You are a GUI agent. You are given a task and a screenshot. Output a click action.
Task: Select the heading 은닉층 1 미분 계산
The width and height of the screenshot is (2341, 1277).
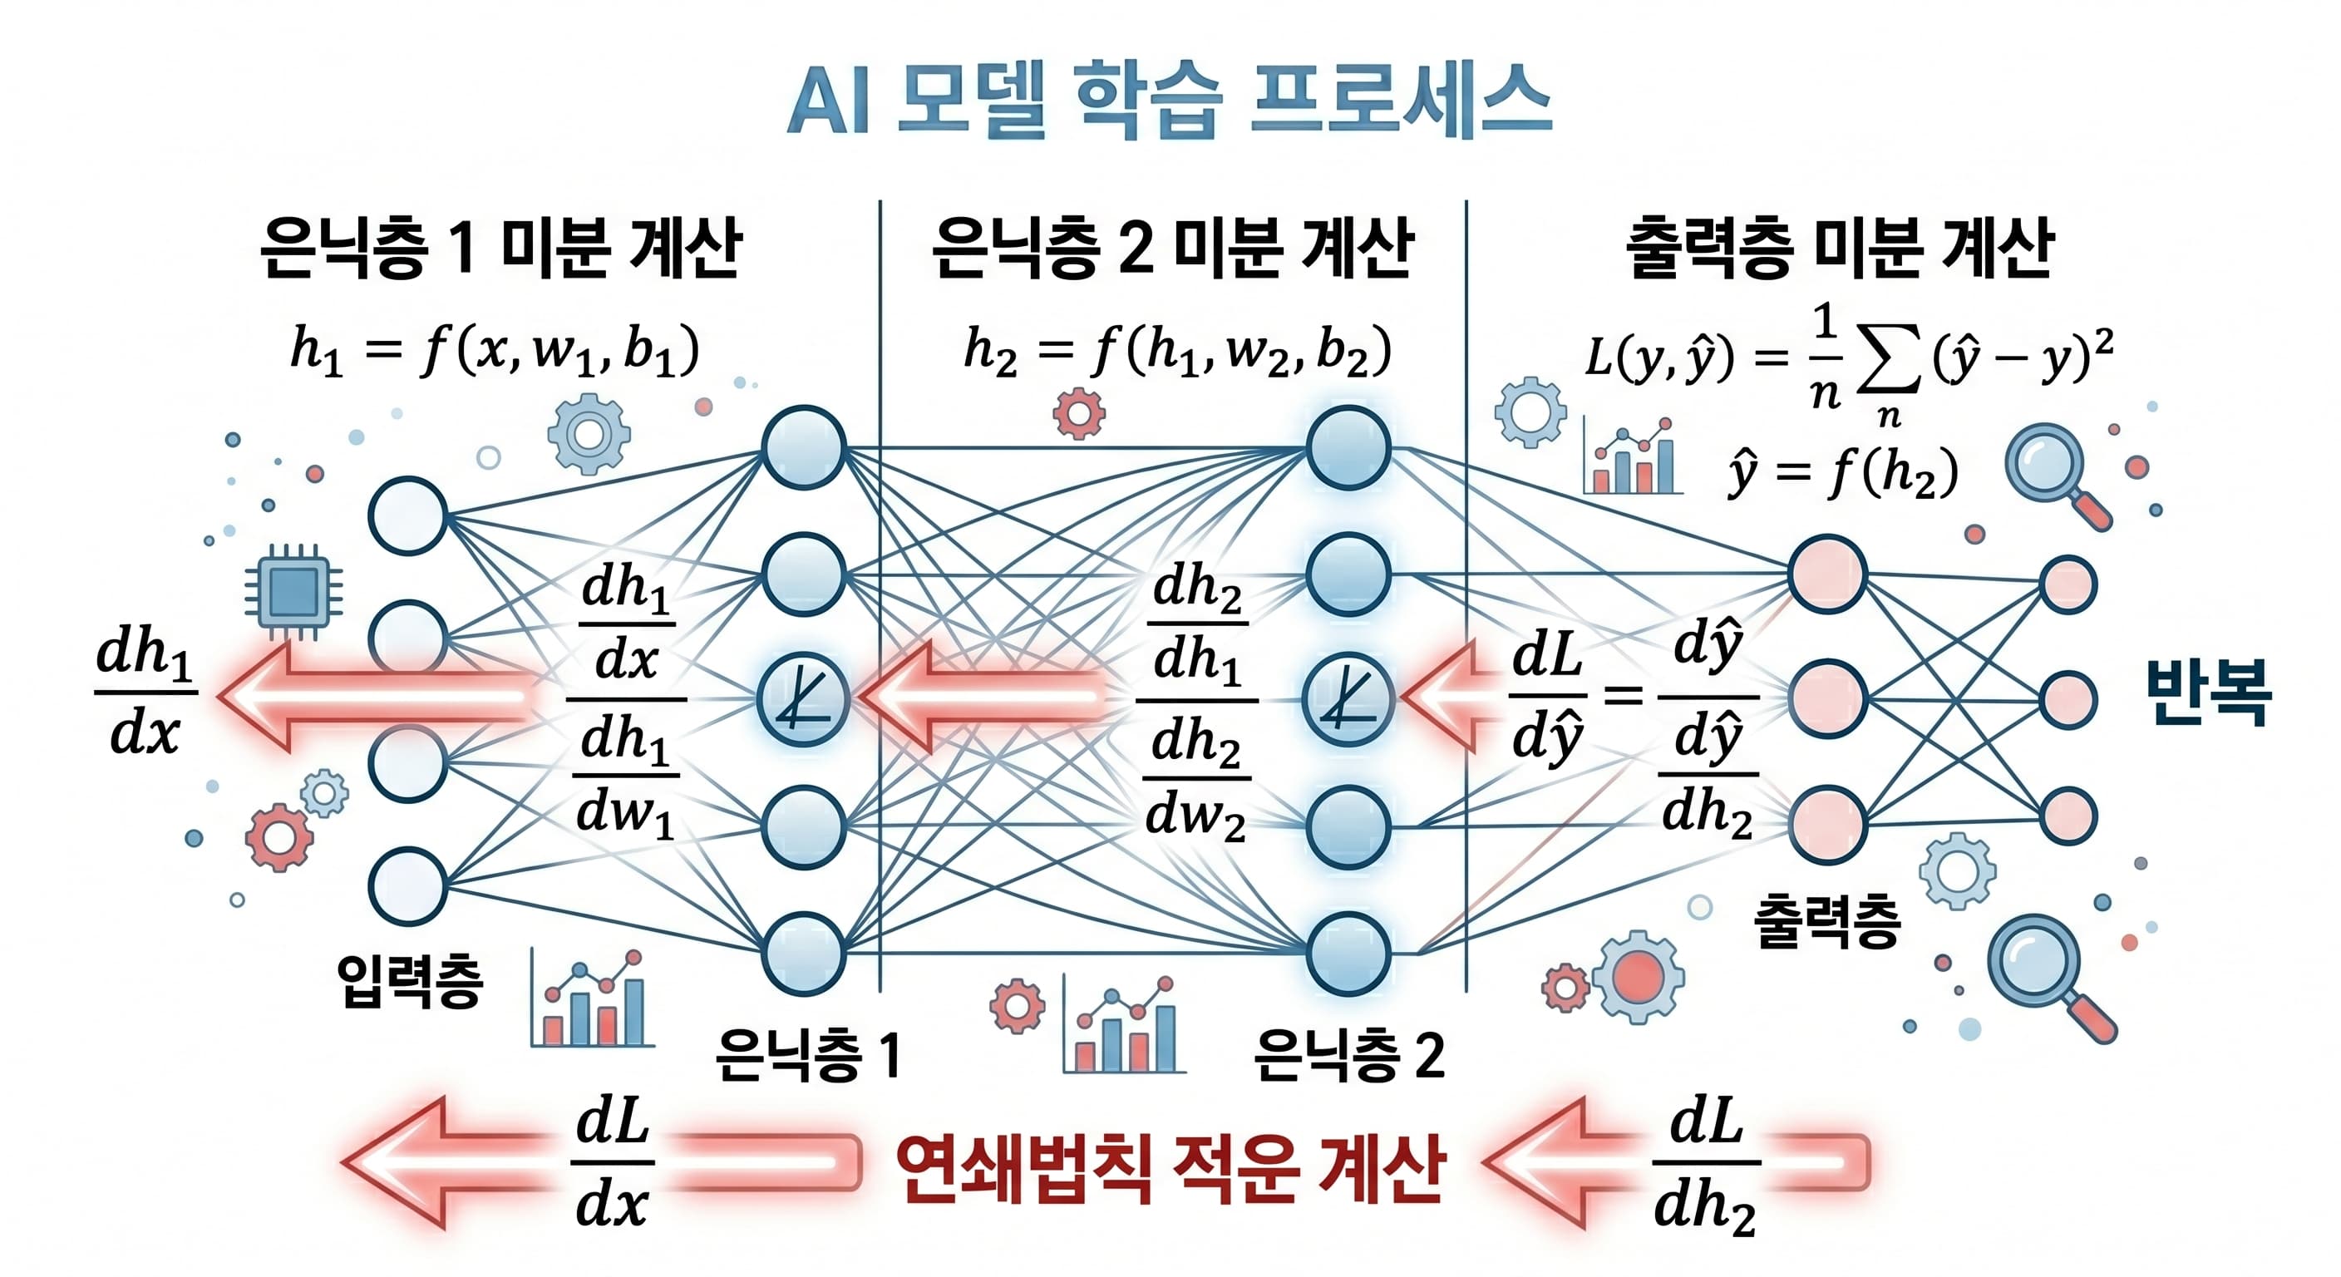pyautogui.click(x=500, y=247)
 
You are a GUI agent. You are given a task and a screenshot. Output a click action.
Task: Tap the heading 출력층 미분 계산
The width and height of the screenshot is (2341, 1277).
pyautogui.click(x=1840, y=247)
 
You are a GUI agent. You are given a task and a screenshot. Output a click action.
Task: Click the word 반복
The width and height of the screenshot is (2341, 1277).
pyautogui.click(x=2207, y=693)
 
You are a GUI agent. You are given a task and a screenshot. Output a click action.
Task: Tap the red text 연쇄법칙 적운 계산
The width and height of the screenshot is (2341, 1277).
pyautogui.click(x=1170, y=1169)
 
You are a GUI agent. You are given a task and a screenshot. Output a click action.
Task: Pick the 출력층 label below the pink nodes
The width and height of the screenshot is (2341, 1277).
pyautogui.click(x=1826, y=920)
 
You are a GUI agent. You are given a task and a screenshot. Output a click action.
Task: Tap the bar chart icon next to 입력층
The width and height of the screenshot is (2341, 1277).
pyautogui.click(x=593, y=1000)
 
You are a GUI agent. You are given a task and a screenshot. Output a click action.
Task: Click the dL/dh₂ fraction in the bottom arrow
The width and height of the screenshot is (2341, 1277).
pyautogui.click(x=1705, y=1163)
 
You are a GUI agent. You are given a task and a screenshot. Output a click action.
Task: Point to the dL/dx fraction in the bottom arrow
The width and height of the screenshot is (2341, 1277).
pyautogui.click(x=614, y=1163)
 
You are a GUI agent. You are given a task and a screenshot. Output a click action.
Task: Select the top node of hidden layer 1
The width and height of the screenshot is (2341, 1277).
pyautogui.click(x=804, y=447)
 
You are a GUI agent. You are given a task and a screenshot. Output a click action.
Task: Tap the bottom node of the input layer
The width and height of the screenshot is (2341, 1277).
pyautogui.click(x=408, y=885)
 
